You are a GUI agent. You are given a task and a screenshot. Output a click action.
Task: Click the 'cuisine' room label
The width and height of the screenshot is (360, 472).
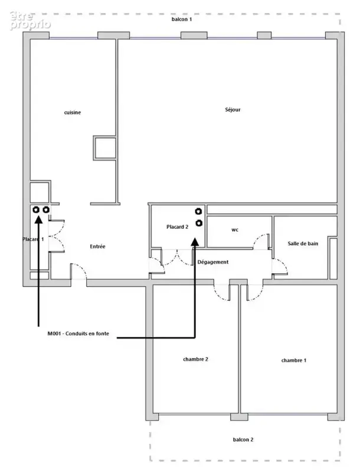point(73,112)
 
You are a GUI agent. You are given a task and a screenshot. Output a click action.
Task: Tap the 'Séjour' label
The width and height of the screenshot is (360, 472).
point(233,109)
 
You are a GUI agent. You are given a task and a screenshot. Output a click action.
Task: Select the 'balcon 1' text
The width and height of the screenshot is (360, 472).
point(182,19)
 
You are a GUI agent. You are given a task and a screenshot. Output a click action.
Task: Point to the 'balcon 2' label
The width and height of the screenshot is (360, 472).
point(243,440)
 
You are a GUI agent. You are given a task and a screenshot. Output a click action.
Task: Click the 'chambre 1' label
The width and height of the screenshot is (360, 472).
point(294,360)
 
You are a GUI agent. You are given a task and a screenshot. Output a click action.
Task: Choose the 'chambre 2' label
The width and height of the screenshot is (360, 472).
point(196,359)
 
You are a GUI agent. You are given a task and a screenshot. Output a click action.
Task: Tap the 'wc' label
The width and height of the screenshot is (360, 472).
point(235,230)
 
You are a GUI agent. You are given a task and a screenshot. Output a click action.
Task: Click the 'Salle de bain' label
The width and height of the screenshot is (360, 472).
point(303,244)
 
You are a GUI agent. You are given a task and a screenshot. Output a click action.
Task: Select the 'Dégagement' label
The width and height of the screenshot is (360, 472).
point(213,262)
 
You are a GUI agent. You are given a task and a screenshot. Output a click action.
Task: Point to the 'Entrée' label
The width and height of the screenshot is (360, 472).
point(97,246)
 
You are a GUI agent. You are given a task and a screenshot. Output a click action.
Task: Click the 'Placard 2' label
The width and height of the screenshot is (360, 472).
point(177,227)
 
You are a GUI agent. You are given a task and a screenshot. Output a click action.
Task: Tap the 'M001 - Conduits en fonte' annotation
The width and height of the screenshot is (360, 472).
point(78,333)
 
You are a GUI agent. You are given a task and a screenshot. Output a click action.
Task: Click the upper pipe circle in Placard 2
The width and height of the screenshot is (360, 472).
point(198,211)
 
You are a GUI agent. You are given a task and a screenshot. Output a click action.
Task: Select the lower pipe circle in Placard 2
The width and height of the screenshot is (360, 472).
point(199,223)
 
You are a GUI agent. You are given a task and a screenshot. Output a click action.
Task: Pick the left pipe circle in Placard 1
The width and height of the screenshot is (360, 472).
point(36,209)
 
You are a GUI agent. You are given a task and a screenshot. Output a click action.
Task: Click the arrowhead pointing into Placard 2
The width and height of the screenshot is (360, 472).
point(195,242)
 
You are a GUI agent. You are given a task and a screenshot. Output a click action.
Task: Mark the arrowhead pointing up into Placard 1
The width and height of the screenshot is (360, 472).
point(38,220)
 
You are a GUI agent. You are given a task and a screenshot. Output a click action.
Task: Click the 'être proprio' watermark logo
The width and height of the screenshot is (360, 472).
point(30,21)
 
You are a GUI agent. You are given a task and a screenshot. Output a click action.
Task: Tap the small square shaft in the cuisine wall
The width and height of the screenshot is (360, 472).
point(104,147)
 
